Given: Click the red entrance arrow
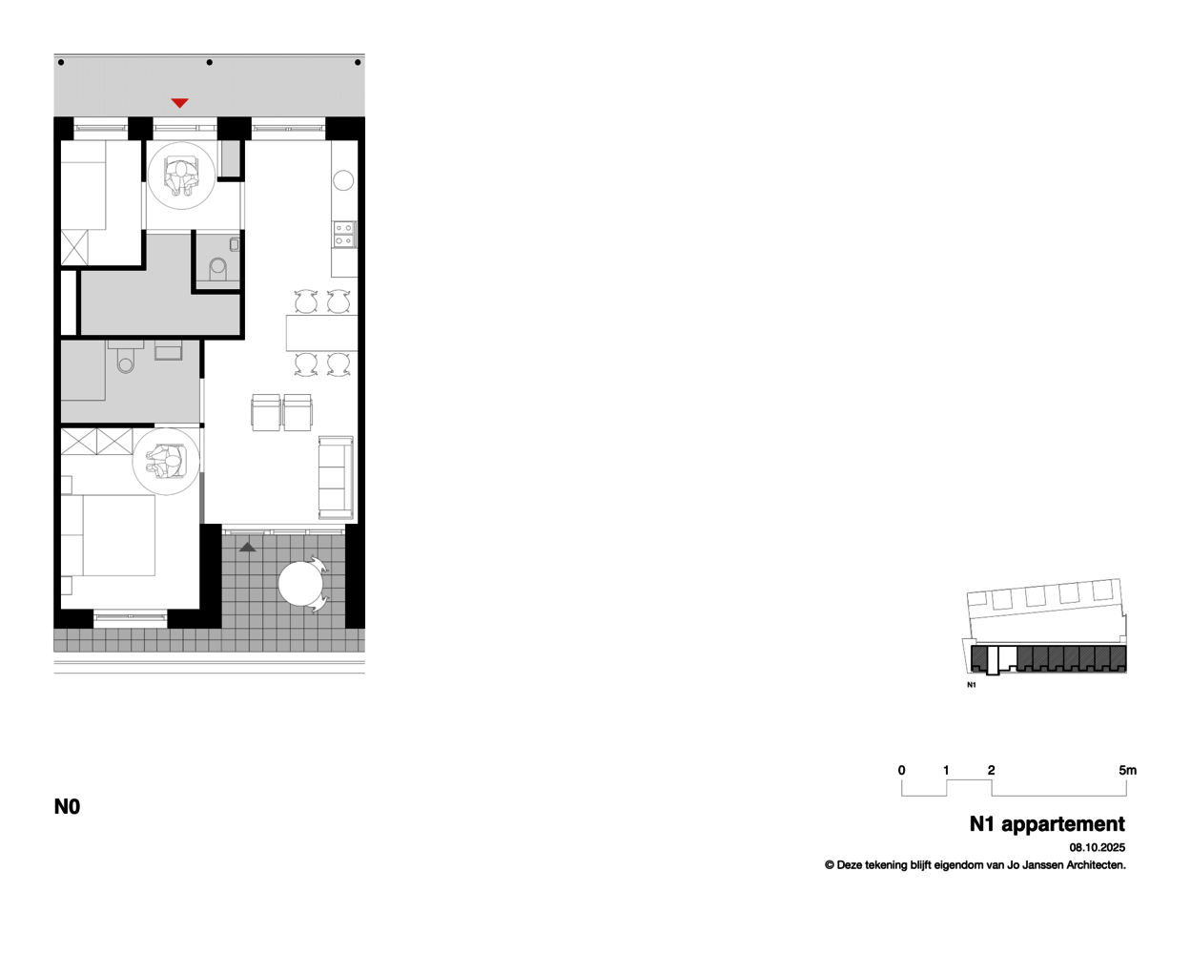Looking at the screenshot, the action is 180,103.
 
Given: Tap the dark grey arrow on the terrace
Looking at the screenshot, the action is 247,547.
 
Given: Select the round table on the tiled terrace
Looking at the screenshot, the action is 300,584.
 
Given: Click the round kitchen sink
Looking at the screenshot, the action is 343,180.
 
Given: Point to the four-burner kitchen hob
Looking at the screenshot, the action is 344,235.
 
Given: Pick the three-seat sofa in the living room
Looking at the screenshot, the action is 336,478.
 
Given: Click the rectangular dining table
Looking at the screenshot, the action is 321,333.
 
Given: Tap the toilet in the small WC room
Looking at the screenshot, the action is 218,270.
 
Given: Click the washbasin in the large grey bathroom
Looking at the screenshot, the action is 168,350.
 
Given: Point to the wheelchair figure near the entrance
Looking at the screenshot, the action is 181,176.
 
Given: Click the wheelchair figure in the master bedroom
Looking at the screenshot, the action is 165,462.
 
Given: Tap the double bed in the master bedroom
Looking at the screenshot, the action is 108,535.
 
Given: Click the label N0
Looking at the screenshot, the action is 67,807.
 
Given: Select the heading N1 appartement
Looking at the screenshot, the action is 1047,824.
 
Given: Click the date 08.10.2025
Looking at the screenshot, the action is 1097,848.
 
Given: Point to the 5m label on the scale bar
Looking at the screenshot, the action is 1127,770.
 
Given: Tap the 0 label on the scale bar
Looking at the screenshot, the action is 901,770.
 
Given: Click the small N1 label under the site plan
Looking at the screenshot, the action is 972,685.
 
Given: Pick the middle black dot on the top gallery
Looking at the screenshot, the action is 209,63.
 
